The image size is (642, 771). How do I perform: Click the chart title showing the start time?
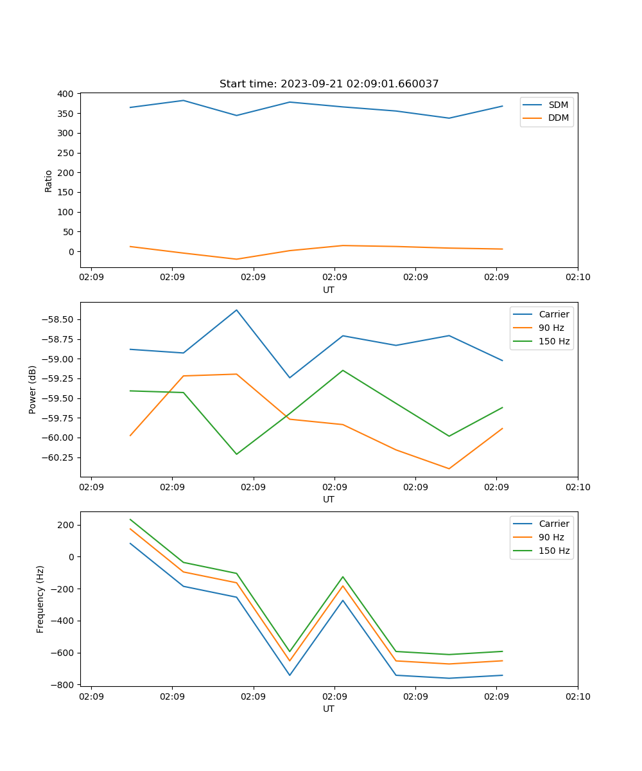coord(329,84)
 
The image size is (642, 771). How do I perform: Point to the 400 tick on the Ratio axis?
coord(65,94)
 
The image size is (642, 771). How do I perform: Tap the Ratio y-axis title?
coord(49,181)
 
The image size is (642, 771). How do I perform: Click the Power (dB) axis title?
coord(33,389)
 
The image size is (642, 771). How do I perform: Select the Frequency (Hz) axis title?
coord(40,599)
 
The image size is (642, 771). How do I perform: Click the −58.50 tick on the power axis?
coord(60,319)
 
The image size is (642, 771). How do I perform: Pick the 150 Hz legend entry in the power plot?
coord(554,341)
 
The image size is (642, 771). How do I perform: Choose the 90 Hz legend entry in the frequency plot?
coord(551,537)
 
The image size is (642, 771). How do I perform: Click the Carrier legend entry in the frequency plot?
coord(553,524)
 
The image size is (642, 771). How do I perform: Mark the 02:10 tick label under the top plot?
coord(577,278)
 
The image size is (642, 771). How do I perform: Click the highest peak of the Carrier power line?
coord(236,310)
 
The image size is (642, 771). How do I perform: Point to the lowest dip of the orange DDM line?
coord(236,259)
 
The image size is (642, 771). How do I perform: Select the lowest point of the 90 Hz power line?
coord(449,468)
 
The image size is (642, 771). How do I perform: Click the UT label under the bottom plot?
coord(329,709)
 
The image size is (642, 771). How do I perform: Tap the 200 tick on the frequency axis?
coord(66,525)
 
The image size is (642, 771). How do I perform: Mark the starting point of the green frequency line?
coord(130,520)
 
